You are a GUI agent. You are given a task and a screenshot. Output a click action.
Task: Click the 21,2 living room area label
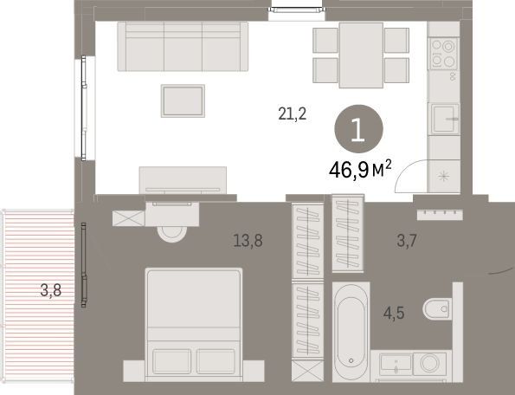pos(292,114)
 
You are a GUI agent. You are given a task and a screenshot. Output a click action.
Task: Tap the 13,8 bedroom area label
pos(248,241)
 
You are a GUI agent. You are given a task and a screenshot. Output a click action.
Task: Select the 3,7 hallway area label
pos(407,241)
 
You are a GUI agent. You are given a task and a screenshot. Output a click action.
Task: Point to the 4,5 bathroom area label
pos(394,313)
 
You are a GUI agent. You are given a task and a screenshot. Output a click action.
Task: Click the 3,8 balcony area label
pos(50,290)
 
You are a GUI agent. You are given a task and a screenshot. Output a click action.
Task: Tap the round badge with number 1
pos(358,129)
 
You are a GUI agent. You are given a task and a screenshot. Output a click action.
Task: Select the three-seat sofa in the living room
pos(183,46)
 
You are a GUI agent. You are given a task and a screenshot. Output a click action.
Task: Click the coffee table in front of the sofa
pos(183,100)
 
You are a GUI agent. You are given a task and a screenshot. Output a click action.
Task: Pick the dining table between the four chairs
pos(361,55)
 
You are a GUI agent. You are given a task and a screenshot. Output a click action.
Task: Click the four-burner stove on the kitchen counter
pos(443,53)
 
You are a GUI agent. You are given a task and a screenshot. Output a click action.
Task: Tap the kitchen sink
pos(445,119)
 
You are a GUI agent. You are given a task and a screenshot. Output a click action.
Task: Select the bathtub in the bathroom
pos(351,332)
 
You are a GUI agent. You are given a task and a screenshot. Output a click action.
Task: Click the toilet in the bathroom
pos(437,309)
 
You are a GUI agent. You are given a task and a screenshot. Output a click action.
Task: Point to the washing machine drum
pos(429,364)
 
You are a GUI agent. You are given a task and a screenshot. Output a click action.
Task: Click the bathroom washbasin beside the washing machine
pos(396,364)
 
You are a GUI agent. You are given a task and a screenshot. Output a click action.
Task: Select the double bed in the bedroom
pos(194,325)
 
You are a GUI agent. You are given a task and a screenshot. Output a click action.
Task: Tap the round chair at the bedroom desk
pos(171,234)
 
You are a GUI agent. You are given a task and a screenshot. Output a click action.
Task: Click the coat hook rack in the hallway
pos(440,215)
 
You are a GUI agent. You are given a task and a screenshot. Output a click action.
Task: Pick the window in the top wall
pos(297,10)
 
